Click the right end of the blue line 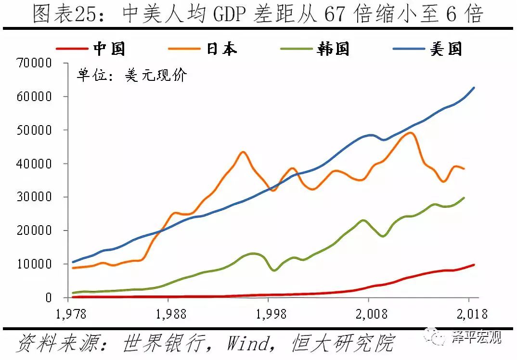coord(474,88)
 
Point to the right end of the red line coord(474,265)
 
